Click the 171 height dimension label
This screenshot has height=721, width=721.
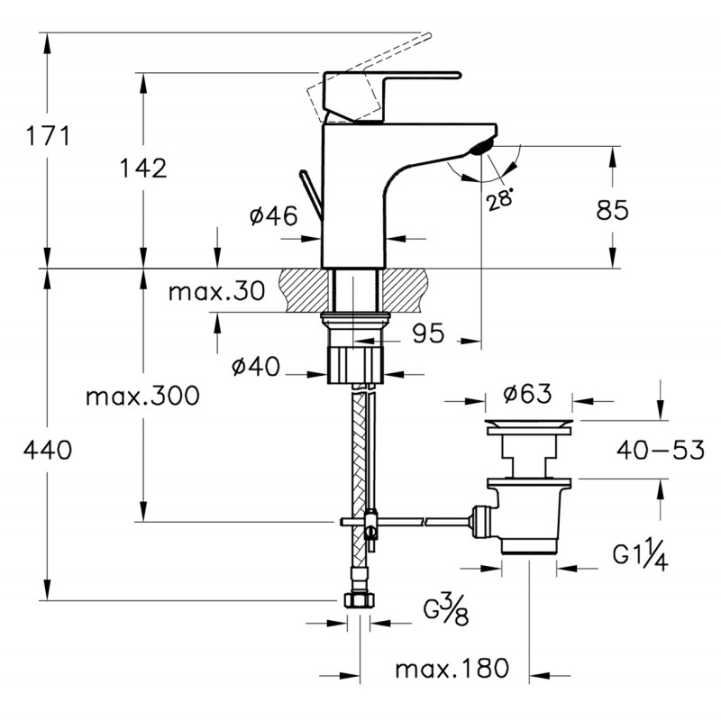pos(48,136)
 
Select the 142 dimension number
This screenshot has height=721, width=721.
pos(143,168)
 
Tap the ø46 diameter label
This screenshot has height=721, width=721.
pos(274,215)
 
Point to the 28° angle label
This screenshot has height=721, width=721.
pos(500,198)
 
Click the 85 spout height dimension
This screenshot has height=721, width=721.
pos(612,210)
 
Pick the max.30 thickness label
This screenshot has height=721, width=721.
pos(216,290)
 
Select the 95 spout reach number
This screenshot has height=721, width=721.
pos(428,333)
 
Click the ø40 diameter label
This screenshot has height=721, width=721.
pos(256,367)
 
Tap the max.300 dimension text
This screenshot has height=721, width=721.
pos(142,396)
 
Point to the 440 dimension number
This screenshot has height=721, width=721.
pos(48,450)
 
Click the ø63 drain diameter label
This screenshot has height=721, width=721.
pos(527,394)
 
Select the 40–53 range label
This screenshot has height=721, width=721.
pos(661,450)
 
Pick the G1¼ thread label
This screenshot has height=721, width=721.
pos(640,556)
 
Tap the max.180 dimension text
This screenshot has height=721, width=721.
pos(452,668)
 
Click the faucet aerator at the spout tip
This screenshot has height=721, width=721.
pos(482,148)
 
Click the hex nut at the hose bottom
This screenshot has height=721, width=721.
pos(359,601)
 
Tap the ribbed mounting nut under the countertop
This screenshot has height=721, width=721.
pos(355,366)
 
